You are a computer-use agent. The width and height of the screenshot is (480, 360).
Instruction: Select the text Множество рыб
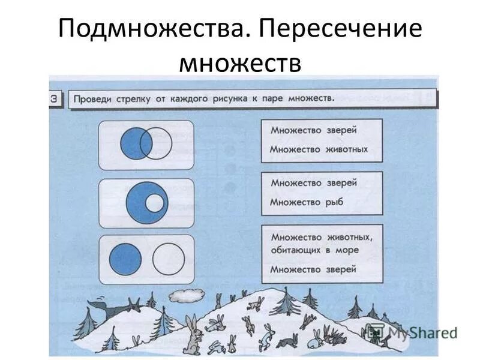pos(306,202)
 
